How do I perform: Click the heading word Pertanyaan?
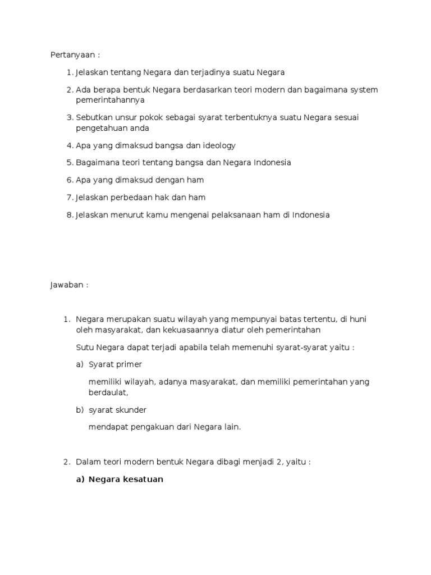point(71,55)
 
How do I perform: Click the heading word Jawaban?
point(67,285)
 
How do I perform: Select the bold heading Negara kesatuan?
point(126,480)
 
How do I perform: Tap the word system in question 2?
point(363,90)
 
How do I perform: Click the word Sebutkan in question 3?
point(93,117)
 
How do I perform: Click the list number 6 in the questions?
point(69,180)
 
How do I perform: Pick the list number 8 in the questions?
point(69,215)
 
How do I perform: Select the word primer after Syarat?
point(127,364)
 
